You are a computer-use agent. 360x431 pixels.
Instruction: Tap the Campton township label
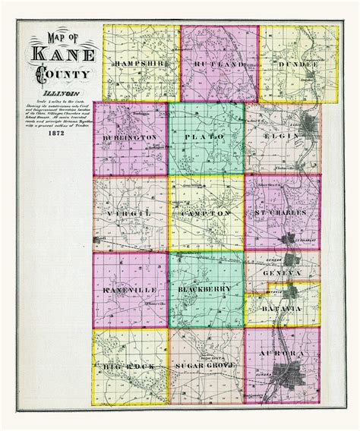(x=206, y=214)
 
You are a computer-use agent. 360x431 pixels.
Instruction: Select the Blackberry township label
(x=206, y=290)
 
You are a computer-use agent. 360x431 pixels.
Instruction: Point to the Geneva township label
(x=283, y=272)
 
